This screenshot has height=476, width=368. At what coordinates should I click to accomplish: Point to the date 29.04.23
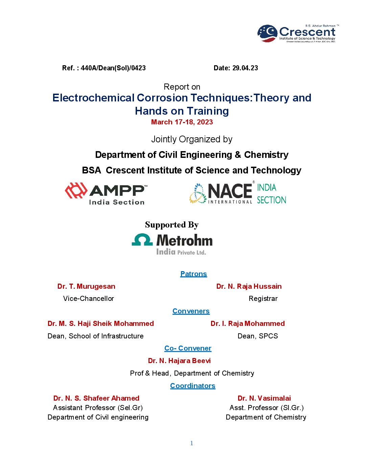(x=245, y=68)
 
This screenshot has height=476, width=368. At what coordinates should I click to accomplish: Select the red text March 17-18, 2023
(x=182, y=122)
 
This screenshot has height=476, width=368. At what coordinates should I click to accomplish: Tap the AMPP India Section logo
(x=106, y=194)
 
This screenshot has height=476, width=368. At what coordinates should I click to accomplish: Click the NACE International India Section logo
(x=238, y=194)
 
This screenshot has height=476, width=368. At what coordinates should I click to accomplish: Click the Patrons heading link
(x=193, y=274)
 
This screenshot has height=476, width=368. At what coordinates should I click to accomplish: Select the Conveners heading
(x=191, y=311)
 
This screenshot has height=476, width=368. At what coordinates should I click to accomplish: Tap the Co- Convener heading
(x=188, y=348)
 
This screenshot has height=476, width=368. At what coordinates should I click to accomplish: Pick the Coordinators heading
(x=193, y=386)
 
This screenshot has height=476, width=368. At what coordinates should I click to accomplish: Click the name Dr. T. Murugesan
(x=86, y=286)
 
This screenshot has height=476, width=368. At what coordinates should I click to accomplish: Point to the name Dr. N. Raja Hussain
(x=249, y=286)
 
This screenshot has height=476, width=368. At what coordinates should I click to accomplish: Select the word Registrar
(x=263, y=299)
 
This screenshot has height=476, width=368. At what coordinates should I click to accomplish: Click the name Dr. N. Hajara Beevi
(x=179, y=361)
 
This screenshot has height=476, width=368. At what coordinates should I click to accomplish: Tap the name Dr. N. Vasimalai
(x=264, y=398)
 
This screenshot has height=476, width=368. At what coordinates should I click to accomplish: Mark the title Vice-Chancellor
(x=89, y=299)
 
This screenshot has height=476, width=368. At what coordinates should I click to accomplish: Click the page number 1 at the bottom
(x=192, y=443)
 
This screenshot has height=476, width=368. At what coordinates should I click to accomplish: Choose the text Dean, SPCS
(x=258, y=336)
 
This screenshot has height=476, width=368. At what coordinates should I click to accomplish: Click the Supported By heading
(x=172, y=225)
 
